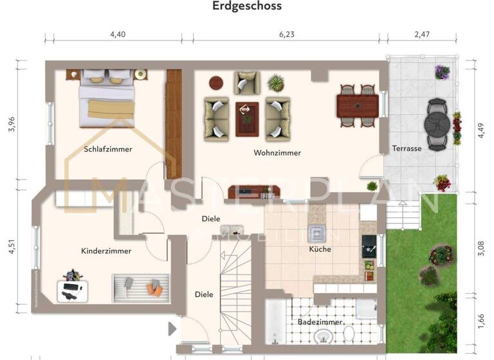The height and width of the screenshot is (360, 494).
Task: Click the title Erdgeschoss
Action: pos(247,6)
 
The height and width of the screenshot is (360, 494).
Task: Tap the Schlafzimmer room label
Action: pos(107,149)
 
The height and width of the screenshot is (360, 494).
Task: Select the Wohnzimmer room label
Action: pos(277,153)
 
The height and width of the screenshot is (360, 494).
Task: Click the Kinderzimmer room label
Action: pos(106,251)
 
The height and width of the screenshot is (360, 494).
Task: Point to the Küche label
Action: pos(320,249)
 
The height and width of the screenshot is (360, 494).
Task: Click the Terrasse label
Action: pos(407,148)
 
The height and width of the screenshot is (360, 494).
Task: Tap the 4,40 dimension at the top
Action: pos(118,35)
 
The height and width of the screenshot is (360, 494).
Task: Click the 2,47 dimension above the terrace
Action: pos(421,35)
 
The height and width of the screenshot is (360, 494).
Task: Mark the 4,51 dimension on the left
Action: pos(11,247)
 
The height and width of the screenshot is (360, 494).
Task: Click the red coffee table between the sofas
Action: pos(246,118)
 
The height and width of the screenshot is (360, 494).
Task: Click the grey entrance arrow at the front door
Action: pos(172,329)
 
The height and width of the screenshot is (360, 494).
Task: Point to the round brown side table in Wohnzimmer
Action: pos(215,83)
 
